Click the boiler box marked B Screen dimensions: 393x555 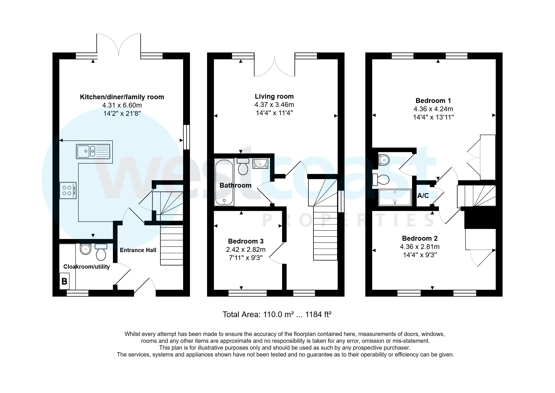[64, 281]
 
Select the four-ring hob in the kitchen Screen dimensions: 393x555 [68, 191]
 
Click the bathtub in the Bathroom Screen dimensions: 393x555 [224, 183]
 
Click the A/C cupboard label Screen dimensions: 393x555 [423, 196]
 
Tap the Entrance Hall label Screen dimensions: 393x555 [138, 250]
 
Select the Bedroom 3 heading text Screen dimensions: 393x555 [246, 241]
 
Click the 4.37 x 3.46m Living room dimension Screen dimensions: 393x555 [274, 105]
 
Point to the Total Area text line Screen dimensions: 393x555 [277, 315]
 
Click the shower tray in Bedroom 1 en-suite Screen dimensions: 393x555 [395, 197]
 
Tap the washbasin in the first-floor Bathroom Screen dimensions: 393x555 [260, 163]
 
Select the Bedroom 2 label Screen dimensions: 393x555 [420, 238]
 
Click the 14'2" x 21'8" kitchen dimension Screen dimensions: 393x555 [122, 114]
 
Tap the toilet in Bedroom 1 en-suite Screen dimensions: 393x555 [381, 180]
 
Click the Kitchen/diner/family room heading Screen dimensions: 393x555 [122, 97]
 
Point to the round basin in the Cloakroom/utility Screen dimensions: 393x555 [85, 249]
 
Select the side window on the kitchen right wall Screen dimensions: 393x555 [186, 137]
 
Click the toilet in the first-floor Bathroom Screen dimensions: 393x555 [243, 166]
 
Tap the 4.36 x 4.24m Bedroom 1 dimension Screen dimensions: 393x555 [433, 109]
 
